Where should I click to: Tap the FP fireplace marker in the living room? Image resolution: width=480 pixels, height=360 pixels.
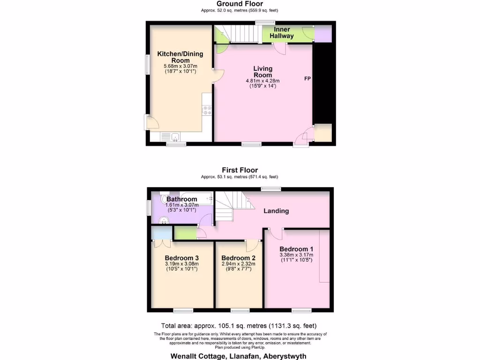307,78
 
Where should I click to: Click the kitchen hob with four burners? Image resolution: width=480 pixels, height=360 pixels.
207,111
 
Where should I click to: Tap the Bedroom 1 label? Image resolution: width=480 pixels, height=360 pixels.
296,249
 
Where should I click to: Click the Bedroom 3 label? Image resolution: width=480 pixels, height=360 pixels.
181,258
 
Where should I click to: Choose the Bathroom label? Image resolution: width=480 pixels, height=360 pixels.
181,199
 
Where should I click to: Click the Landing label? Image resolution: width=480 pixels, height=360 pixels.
276,211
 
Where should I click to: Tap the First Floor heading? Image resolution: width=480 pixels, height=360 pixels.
240,170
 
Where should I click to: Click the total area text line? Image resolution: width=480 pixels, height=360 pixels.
240,326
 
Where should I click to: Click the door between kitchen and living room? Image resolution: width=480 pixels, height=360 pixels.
216,76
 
